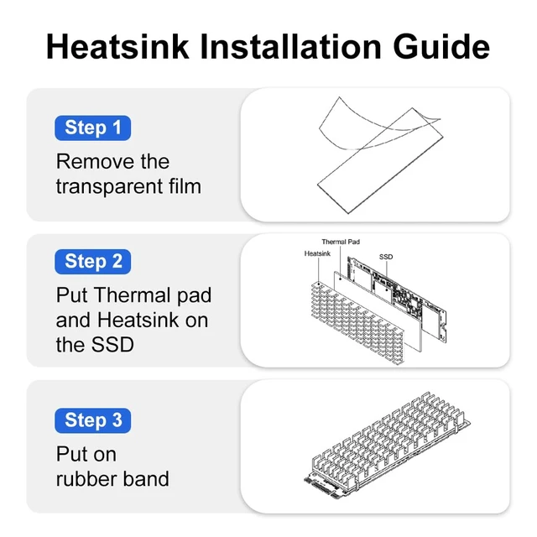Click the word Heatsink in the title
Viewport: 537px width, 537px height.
(x=117, y=47)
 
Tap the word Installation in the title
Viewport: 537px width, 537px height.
(x=290, y=47)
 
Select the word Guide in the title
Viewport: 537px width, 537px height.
(x=441, y=47)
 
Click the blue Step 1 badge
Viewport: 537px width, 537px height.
(x=93, y=128)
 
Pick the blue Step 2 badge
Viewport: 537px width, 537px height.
(x=93, y=262)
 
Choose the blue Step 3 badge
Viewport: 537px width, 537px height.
(x=93, y=420)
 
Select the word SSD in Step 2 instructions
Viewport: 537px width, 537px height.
(x=112, y=345)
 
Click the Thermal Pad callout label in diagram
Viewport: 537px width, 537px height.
(x=341, y=242)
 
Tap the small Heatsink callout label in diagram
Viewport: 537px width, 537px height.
(x=317, y=253)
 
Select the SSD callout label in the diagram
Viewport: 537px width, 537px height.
(x=386, y=257)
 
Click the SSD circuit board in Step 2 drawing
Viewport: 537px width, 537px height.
(x=397, y=299)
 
